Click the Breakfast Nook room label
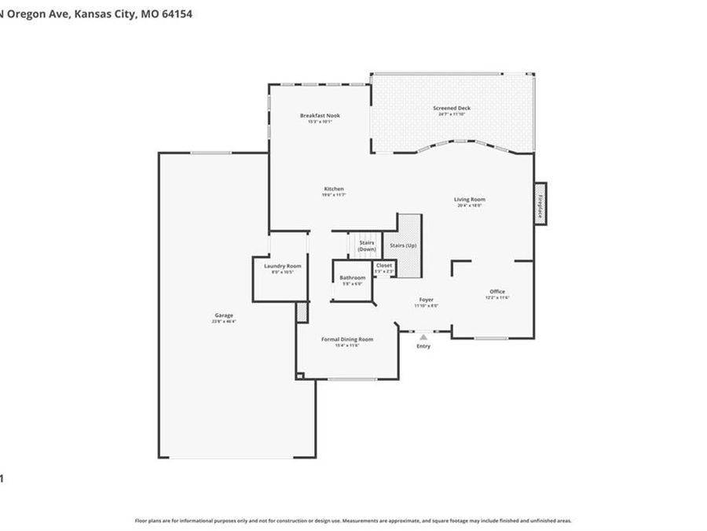coord(320,116)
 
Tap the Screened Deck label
coord(452,108)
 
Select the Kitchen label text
coord(334,189)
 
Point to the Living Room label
coord(470,199)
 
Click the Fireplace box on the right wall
coord(540,204)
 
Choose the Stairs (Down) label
coord(367,245)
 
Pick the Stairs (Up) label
coord(404,245)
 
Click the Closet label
coord(384,265)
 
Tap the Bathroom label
coord(352,278)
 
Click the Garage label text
coord(224,315)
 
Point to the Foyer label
coord(426,300)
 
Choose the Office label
coord(497,291)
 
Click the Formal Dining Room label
coord(347,339)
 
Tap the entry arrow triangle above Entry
coord(423,337)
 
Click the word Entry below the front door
coord(423,346)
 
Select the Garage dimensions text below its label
coord(224,321)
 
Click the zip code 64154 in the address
coord(177,13)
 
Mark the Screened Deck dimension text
coord(452,115)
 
